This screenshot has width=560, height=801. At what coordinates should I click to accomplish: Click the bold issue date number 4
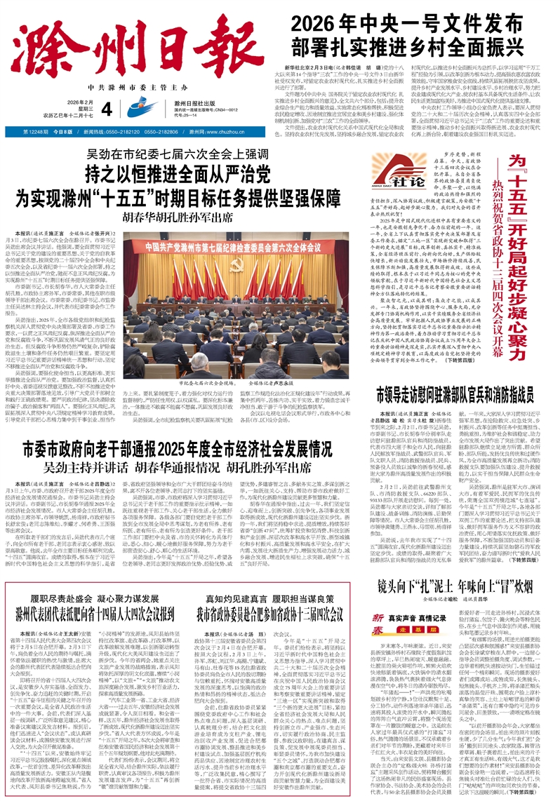click(x=126, y=109)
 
